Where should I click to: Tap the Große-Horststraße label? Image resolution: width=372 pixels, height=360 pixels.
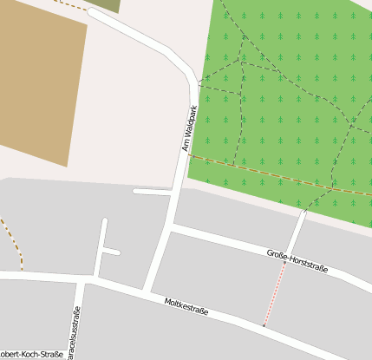297,260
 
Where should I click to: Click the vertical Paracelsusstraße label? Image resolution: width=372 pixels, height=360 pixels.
76,334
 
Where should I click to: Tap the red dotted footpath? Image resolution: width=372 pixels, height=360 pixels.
275,295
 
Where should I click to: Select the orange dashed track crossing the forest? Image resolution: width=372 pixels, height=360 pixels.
277,177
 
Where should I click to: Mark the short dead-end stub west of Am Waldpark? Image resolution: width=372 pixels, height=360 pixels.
153,191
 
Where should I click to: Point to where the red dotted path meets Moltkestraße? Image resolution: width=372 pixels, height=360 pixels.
264,327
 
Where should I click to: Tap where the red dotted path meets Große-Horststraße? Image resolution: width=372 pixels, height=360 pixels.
285,259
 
